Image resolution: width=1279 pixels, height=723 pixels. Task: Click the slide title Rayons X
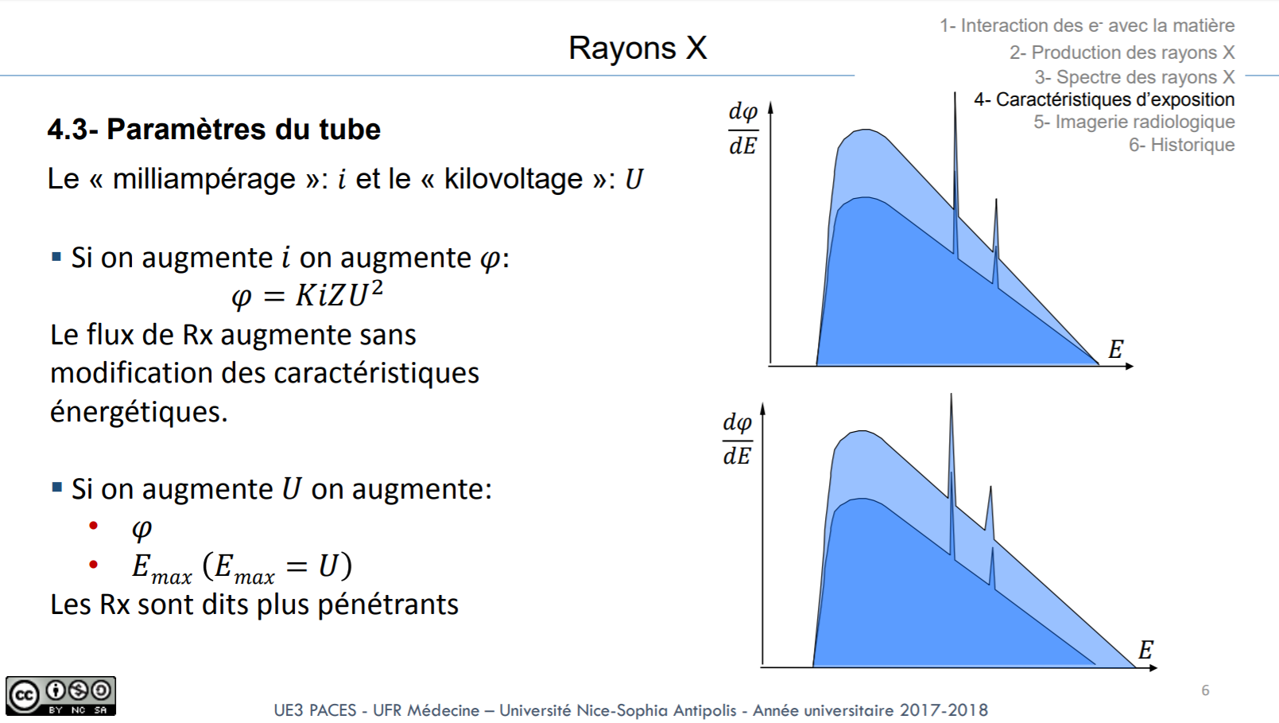[638, 48]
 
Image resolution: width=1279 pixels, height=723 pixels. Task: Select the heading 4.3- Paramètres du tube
[214, 129]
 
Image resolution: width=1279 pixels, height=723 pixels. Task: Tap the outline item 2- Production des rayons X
[1122, 52]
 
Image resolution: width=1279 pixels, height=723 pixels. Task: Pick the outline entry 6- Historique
[1181, 145]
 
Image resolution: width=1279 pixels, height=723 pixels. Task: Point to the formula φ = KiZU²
[307, 295]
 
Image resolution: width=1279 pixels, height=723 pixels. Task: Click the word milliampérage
[203, 179]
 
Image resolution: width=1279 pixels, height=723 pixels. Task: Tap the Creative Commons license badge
[61, 696]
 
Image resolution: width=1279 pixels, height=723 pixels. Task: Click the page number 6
[1205, 690]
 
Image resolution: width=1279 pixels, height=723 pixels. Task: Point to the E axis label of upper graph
[1116, 349]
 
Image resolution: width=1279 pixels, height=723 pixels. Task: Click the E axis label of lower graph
[1145, 650]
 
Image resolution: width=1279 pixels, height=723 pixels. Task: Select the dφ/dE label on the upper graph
[743, 129]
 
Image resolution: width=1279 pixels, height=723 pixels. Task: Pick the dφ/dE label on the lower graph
[737, 439]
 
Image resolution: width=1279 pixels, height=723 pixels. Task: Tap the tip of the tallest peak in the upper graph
[955, 93]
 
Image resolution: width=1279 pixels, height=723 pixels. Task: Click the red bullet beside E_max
[94, 565]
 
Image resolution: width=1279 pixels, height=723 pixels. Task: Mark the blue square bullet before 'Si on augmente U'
[56, 488]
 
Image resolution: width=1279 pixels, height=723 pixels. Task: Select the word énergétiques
[139, 411]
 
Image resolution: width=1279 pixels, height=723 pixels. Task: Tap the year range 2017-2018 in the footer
[944, 710]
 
